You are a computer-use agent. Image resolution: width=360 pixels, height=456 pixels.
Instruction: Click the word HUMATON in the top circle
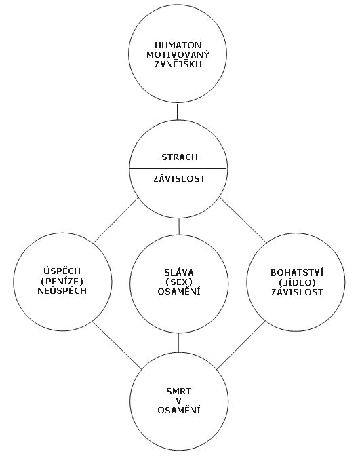point(178,45)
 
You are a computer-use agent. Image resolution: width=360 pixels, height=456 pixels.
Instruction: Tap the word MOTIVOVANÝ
point(178,54)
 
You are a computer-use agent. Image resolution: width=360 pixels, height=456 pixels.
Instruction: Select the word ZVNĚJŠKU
point(178,64)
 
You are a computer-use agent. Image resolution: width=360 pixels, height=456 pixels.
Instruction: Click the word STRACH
point(180,157)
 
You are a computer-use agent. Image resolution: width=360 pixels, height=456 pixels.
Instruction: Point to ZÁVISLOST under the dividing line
point(179,178)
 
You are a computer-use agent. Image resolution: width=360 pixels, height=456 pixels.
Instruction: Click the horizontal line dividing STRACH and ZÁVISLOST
point(178,168)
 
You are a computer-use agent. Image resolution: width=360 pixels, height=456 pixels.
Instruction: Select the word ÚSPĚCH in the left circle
point(62,271)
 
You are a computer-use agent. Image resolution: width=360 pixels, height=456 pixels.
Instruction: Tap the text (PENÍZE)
point(62,281)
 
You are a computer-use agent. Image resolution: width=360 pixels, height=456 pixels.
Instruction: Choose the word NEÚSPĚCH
point(62,290)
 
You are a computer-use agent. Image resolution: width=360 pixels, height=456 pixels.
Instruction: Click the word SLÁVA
point(179,272)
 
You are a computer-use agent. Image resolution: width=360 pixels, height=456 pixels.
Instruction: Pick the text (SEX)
point(179,282)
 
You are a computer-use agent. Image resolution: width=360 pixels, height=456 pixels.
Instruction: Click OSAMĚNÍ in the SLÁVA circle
point(179,291)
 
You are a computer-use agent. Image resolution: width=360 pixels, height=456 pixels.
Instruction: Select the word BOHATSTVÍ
point(297,272)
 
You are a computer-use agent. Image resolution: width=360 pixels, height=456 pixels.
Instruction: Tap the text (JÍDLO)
point(297,282)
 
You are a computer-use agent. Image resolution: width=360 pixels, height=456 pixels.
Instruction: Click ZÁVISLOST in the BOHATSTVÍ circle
point(297,291)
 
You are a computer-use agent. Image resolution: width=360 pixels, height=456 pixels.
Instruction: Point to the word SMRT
point(179,391)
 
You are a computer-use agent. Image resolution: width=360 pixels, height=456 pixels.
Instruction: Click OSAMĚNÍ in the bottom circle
point(179,410)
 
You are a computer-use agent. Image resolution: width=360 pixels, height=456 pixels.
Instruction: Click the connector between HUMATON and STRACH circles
point(177,111)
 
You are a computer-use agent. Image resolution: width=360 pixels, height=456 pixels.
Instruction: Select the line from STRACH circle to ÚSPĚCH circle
point(115,221)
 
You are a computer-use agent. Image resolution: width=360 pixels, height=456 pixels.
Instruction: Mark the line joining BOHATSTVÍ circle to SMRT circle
point(241,345)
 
